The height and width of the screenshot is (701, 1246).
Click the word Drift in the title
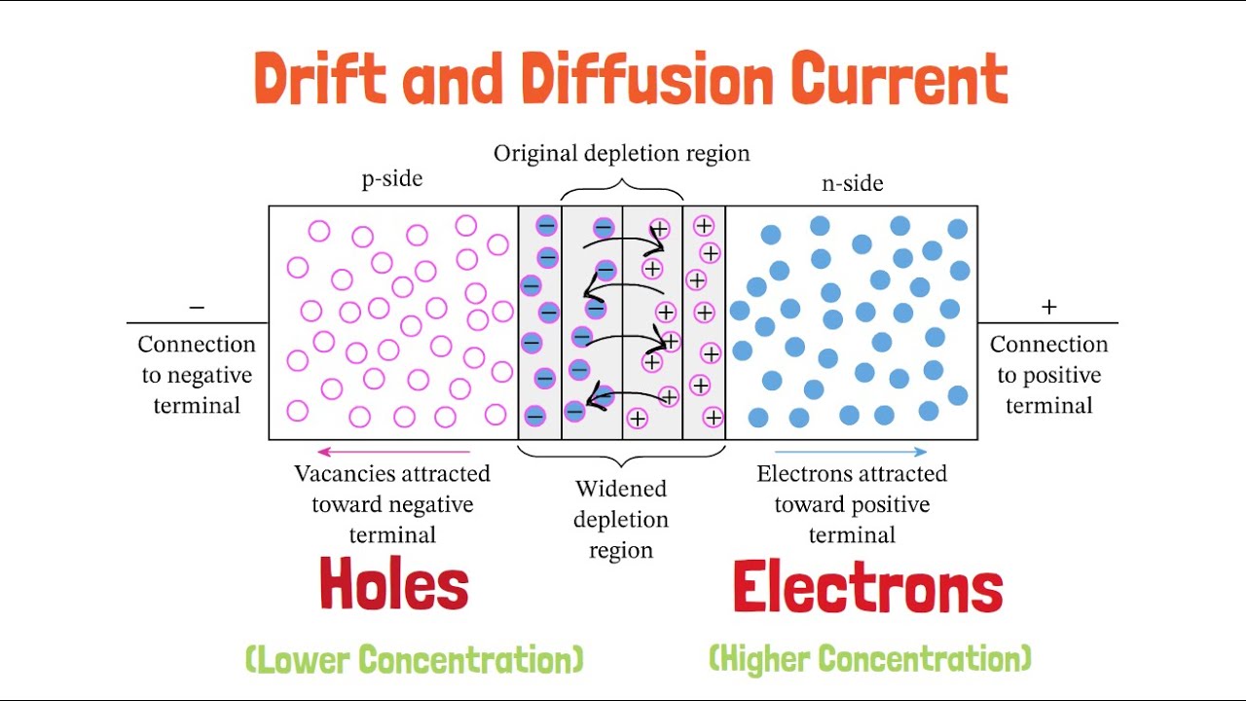(x=320, y=78)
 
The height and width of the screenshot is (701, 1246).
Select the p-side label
(x=392, y=178)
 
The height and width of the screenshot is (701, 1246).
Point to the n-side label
(x=852, y=183)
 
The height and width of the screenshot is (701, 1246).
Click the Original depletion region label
(x=621, y=153)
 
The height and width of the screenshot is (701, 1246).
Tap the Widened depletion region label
(x=621, y=519)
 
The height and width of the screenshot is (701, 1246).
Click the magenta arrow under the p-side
(x=394, y=452)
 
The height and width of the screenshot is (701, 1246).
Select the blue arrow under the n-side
(x=851, y=452)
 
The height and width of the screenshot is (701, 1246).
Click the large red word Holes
(x=394, y=583)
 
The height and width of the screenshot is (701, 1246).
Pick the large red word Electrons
(x=867, y=586)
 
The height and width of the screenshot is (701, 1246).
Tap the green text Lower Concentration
(x=415, y=659)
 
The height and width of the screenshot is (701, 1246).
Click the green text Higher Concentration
(x=870, y=659)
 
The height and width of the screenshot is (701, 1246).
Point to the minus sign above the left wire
(x=197, y=307)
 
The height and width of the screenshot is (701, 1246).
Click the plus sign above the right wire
(x=1049, y=307)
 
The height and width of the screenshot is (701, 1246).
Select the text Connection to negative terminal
(x=197, y=375)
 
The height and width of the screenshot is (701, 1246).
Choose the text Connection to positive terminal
(x=1049, y=375)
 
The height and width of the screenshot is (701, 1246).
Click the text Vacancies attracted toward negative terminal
(x=392, y=504)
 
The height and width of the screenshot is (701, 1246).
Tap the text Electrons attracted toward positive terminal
(x=852, y=504)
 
